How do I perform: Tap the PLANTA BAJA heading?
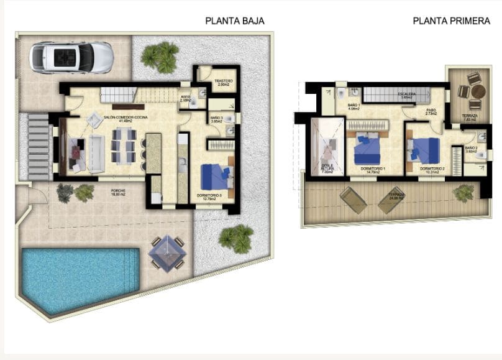pyautogui.click(x=235, y=21)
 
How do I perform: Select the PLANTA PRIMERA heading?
pyautogui.click(x=451, y=21)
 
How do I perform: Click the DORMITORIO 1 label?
pyautogui.click(x=372, y=168)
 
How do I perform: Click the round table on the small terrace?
pyautogui.click(x=477, y=91)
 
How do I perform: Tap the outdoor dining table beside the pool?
pyautogui.click(x=166, y=252)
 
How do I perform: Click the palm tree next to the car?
pyautogui.click(x=159, y=57)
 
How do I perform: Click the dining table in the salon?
pyautogui.click(x=121, y=147)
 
